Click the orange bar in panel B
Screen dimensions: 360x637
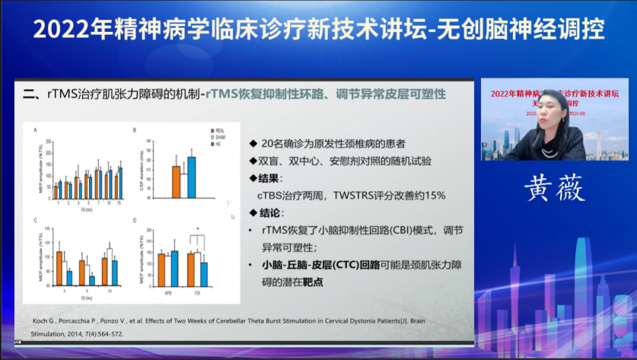(x=176, y=181)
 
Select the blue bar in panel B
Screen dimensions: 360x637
(x=191, y=176)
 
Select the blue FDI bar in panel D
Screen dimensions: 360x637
(x=204, y=274)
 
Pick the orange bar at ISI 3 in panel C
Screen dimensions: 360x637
(x=59, y=269)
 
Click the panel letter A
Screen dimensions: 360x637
(x=35, y=130)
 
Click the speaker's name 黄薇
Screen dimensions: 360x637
(x=554, y=189)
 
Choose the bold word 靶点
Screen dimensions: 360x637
(x=312, y=283)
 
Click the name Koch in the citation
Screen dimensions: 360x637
(x=34, y=321)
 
